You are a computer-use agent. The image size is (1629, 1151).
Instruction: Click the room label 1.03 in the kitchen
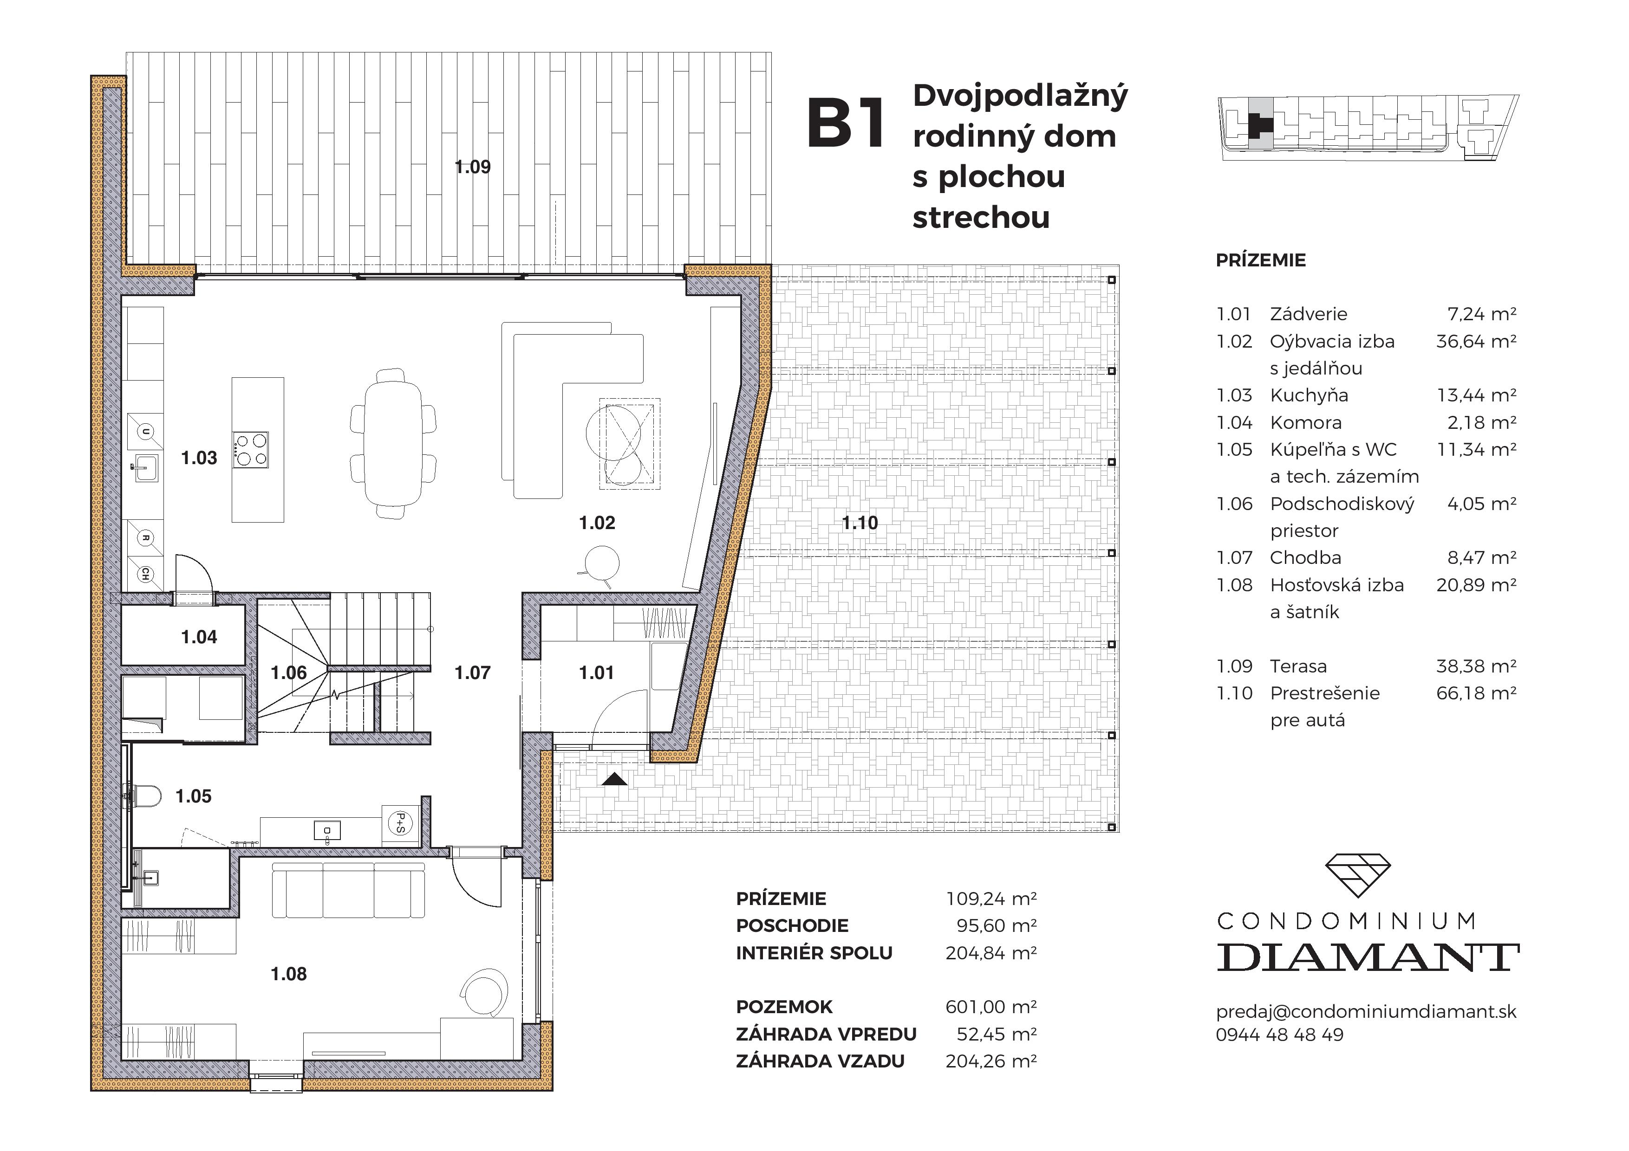(x=199, y=458)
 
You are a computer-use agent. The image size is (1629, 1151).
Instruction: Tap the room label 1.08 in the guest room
(x=289, y=975)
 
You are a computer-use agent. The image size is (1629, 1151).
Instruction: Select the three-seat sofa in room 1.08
(x=348, y=891)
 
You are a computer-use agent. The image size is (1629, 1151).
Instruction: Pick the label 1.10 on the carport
(x=860, y=524)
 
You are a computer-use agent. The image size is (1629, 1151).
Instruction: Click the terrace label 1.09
(x=473, y=168)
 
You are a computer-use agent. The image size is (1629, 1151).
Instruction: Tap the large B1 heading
(x=847, y=125)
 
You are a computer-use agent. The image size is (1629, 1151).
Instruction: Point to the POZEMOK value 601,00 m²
(x=990, y=1007)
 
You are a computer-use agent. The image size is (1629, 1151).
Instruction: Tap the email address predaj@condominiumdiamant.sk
(x=1366, y=1012)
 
